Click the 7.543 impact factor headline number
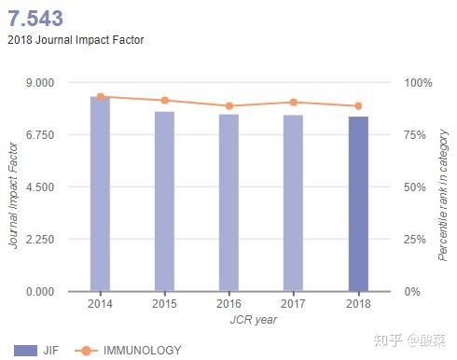click(x=37, y=18)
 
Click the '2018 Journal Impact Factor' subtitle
click(x=76, y=40)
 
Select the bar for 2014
click(x=100, y=193)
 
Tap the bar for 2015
click(x=164, y=201)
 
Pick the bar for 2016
click(x=228, y=202)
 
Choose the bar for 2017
click(x=293, y=202)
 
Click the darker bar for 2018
click(x=358, y=203)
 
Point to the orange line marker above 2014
click(x=100, y=96)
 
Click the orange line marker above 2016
click(x=228, y=106)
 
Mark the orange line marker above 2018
click(x=358, y=106)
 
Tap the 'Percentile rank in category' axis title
click(x=444, y=194)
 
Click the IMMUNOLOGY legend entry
click(x=130, y=351)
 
